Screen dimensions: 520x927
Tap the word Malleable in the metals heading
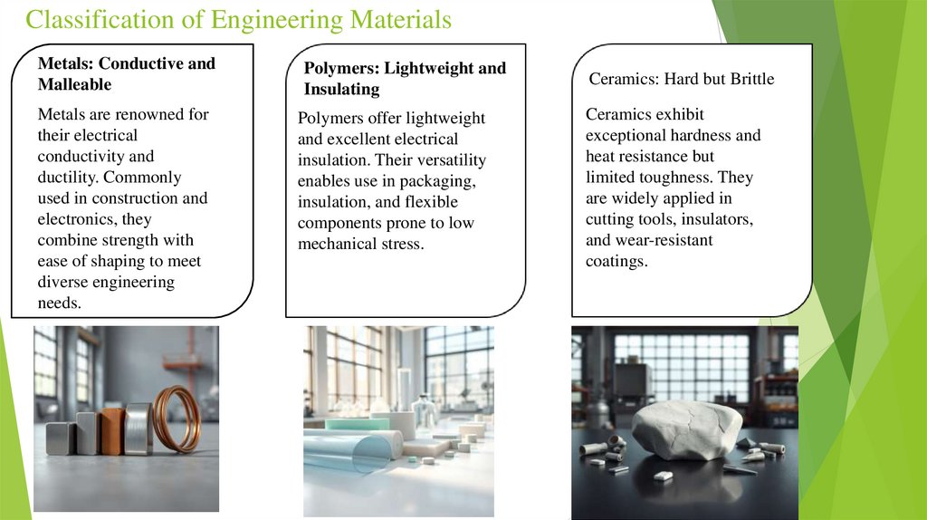pyautogui.click(x=74, y=84)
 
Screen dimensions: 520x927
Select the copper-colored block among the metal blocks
pyautogui.click(x=112, y=430)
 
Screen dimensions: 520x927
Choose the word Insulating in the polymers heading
pyautogui.click(x=341, y=90)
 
